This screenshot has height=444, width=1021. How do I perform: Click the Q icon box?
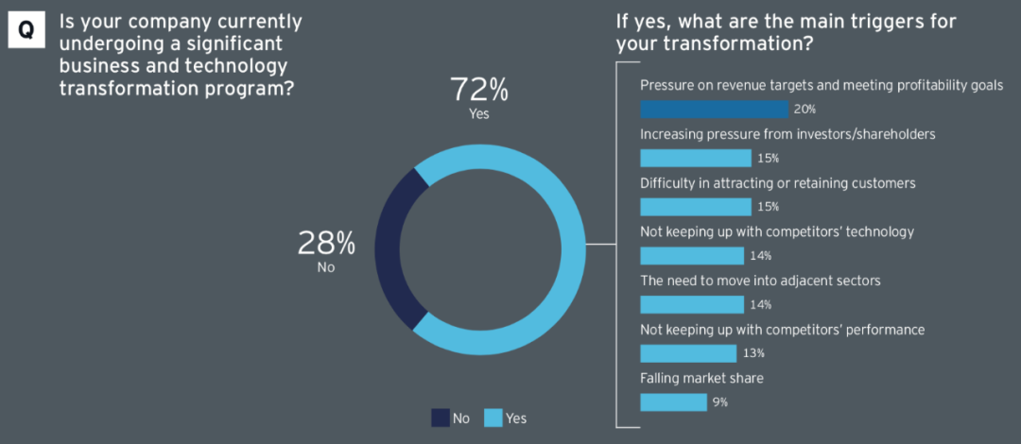(x=26, y=30)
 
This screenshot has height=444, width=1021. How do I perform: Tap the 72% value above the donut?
(x=478, y=91)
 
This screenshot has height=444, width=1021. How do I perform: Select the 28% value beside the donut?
(x=326, y=244)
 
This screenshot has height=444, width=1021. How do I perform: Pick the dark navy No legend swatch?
(x=440, y=418)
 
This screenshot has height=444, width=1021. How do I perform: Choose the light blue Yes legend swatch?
(x=493, y=418)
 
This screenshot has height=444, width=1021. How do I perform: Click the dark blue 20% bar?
(x=714, y=109)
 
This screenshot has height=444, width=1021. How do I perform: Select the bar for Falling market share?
(x=673, y=401)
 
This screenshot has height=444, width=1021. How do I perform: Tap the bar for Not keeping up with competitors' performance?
(x=688, y=353)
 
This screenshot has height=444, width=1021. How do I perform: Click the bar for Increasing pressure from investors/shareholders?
(x=696, y=158)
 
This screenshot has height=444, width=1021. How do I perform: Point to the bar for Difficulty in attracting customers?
(x=696, y=207)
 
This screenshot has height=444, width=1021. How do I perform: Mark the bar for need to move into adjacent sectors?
(x=692, y=304)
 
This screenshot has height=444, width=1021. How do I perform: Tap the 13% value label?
(x=753, y=353)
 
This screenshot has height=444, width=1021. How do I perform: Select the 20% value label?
(x=805, y=110)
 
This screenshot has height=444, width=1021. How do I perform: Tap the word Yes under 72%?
(x=479, y=114)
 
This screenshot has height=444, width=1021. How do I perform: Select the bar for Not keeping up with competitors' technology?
(x=692, y=255)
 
